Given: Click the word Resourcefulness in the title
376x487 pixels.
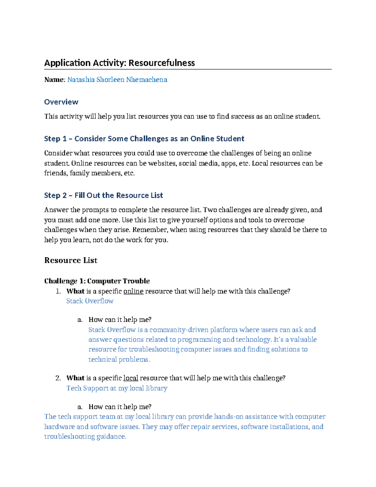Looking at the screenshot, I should coord(161,63).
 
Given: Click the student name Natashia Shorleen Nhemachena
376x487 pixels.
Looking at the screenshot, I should coord(117,80).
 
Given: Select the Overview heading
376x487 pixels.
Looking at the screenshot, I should coord(61,102).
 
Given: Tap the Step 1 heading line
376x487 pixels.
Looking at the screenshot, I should coord(144,139).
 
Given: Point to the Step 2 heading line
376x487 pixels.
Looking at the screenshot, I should coord(103,195).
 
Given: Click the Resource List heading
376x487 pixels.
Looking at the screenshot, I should coord(71,260).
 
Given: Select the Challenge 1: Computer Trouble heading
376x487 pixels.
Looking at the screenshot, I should coord(97,281).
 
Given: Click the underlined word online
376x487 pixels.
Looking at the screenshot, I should coord(133,291).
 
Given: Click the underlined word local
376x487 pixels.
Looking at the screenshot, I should coord(131,378).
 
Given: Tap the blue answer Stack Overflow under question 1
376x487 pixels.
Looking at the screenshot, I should coord(90,301).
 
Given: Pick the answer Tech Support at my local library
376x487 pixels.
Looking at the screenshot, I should coord(117,388).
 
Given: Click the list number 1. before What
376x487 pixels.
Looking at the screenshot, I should coord(58,291).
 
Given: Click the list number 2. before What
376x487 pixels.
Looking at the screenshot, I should coord(58,378).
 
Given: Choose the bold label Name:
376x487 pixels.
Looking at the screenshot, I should coord(55,80).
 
